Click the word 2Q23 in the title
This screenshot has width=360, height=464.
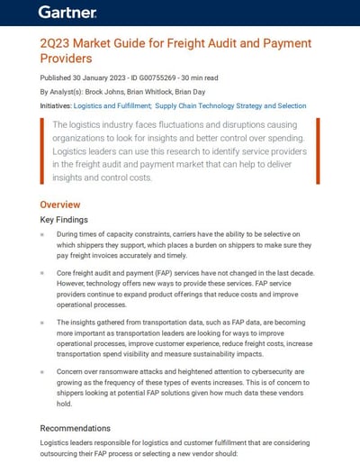tap(59, 44)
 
